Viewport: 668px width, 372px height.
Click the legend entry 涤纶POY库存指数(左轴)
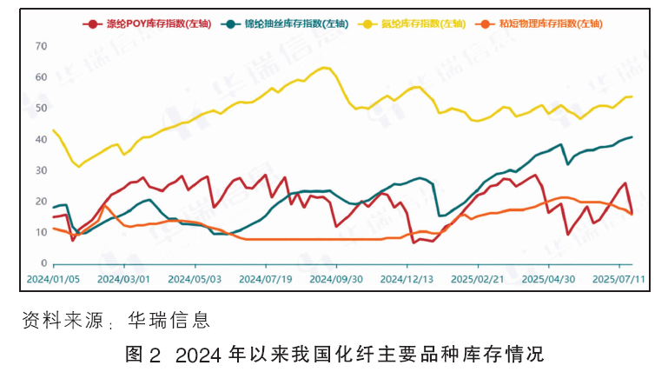(x=147, y=23)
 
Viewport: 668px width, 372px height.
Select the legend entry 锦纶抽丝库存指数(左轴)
(x=285, y=23)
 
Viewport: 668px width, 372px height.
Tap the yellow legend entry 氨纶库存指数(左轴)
(x=412, y=23)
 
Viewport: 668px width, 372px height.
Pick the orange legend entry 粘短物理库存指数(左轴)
(x=539, y=23)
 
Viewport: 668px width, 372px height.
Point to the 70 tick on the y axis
(x=42, y=46)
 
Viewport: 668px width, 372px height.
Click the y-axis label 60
(x=42, y=77)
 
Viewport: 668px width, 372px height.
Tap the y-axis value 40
(x=42, y=139)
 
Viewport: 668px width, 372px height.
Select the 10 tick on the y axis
(x=42, y=232)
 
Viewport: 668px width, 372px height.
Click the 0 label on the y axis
(x=44, y=263)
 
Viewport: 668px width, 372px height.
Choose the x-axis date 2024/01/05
(x=53, y=279)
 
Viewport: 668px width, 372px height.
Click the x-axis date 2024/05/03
(x=195, y=279)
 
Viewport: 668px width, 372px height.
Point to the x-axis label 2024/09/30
(x=336, y=279)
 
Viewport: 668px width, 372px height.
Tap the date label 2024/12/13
(x=407, y=279)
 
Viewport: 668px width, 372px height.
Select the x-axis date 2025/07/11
(x=618, y=279)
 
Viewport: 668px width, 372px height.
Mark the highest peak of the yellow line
(x=324, y=67)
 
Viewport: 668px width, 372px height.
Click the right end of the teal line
(x=632, y=137)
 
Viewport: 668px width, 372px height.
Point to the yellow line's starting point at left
(x=53, y=130)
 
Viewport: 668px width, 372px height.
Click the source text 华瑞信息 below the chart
(x=169, y=320)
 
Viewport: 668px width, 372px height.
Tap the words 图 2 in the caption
(x=143, y=354)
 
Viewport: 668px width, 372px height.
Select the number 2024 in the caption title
(x=199, y=355)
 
